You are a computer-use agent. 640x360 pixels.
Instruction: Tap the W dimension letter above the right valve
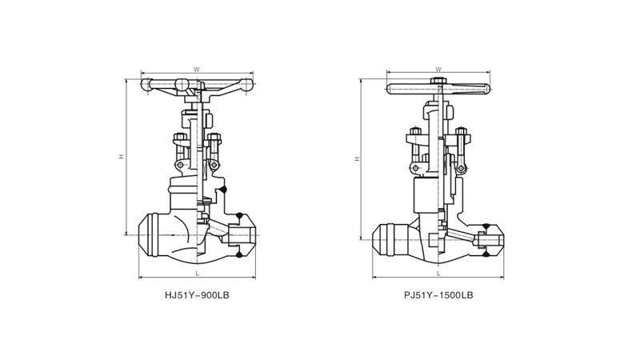[438, 69]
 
